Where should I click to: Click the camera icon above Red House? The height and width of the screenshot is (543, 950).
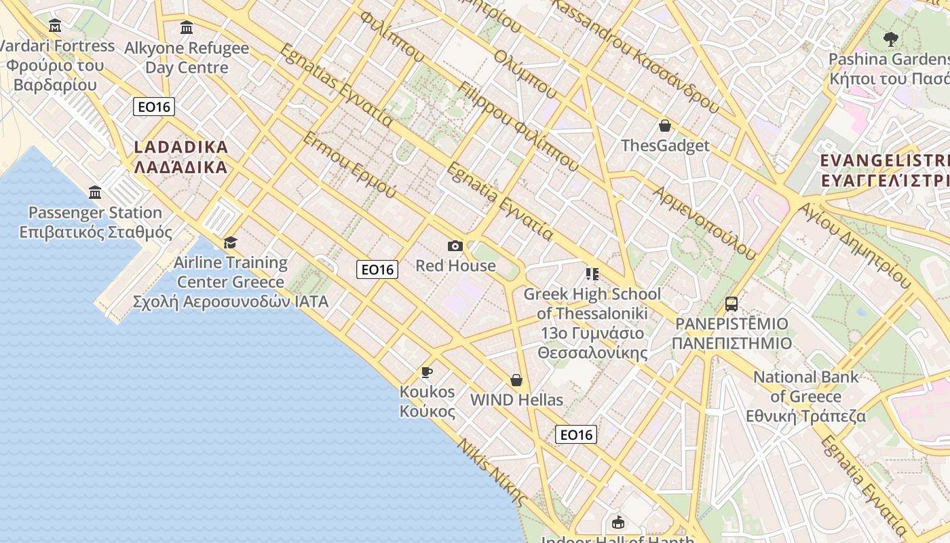(455, 246)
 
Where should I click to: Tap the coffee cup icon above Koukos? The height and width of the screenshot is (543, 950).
(426, 372)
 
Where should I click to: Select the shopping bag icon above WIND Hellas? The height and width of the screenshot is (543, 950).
(516, 380)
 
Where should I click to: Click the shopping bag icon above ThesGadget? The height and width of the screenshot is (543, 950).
(664, 126)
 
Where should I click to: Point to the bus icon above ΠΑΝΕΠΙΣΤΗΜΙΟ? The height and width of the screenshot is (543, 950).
(731, 303)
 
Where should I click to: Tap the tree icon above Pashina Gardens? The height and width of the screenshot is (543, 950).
(891, 39)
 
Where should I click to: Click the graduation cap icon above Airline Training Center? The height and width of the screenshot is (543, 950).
(231, 243)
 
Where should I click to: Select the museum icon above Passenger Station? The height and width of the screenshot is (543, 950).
(95, 193)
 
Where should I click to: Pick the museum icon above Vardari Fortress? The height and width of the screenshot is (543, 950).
(55, 26)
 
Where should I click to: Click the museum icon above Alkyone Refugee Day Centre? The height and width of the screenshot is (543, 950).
(187, 28)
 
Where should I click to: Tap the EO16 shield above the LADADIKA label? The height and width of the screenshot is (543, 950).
(154, 107)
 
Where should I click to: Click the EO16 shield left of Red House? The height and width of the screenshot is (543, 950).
(377, 269)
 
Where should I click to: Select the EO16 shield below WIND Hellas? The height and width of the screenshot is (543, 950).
(576, 434)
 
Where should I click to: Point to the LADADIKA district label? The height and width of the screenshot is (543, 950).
(180, 157)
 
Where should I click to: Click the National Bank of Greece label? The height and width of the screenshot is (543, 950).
(806, 396)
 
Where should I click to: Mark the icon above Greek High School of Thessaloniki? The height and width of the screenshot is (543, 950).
(592, 274)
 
